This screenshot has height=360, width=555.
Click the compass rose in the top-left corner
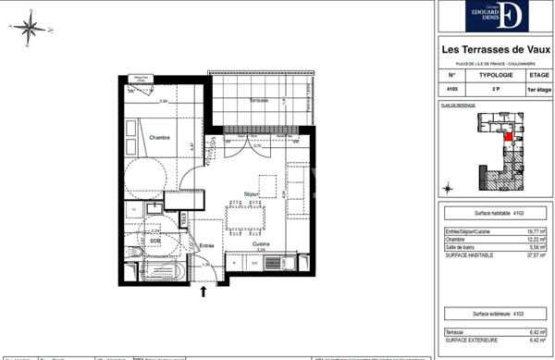pos(30,25)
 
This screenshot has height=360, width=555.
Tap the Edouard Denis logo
pos(496,16)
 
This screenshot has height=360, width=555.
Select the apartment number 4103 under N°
pos(452,90)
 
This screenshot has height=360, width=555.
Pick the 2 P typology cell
pos(495,90)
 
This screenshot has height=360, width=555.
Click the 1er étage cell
pos(537,90)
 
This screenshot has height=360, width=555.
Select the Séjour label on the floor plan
pos(251,192)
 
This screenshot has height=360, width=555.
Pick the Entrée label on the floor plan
pos(206,245)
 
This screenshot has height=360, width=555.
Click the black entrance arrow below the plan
pos(203,292)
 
